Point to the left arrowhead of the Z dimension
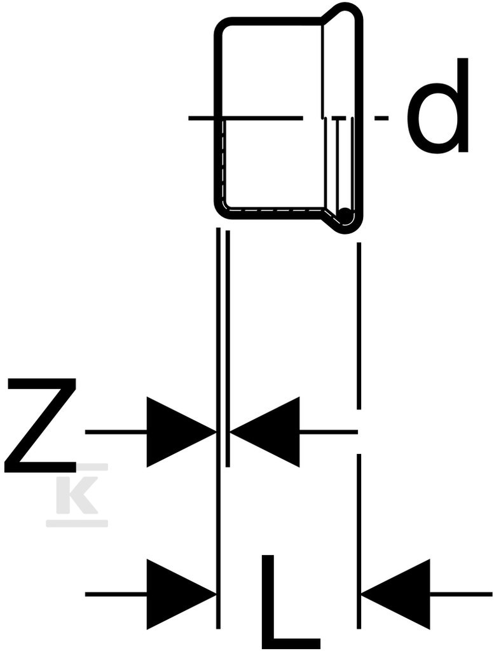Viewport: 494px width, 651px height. pos(181,432)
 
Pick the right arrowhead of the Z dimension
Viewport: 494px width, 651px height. pos(265,432)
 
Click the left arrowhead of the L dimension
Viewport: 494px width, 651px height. pos(181,594)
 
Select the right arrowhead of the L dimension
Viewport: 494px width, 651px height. pos(395,594)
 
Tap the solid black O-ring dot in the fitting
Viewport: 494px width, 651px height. pos(344,215)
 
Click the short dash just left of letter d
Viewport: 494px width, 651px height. pos(381,118)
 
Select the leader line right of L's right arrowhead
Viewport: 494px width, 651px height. pos(461,594)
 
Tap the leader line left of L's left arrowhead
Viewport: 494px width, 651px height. pos(116,594)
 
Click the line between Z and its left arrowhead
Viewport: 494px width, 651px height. pos(116,432)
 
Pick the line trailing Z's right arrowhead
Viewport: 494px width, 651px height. pos(328,432)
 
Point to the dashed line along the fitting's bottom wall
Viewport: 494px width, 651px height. pos(274,211)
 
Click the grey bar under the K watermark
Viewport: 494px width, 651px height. pos(77,523)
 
